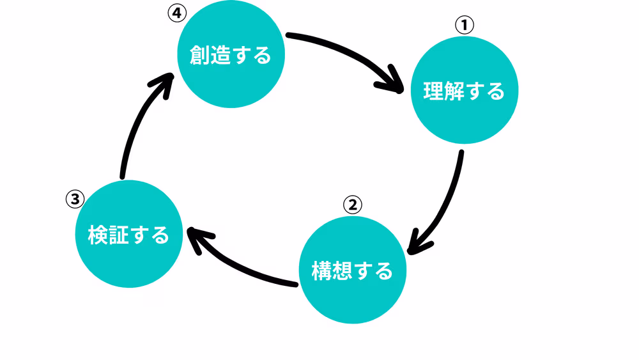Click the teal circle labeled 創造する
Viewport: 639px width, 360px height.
(x=231, y=56)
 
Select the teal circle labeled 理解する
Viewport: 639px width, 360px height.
(x=464, y=91)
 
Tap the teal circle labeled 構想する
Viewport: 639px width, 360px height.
(x=352, y=271)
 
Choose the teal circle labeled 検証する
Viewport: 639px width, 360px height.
(x=128, y=235)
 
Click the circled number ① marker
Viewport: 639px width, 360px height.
(x=464, y=25)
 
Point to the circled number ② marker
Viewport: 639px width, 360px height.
(x=352, y=205)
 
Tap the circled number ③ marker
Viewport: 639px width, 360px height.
(x=75, y=199)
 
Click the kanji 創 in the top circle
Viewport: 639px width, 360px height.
(x=199, y=56)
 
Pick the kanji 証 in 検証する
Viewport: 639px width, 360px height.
(x=118, y=235)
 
